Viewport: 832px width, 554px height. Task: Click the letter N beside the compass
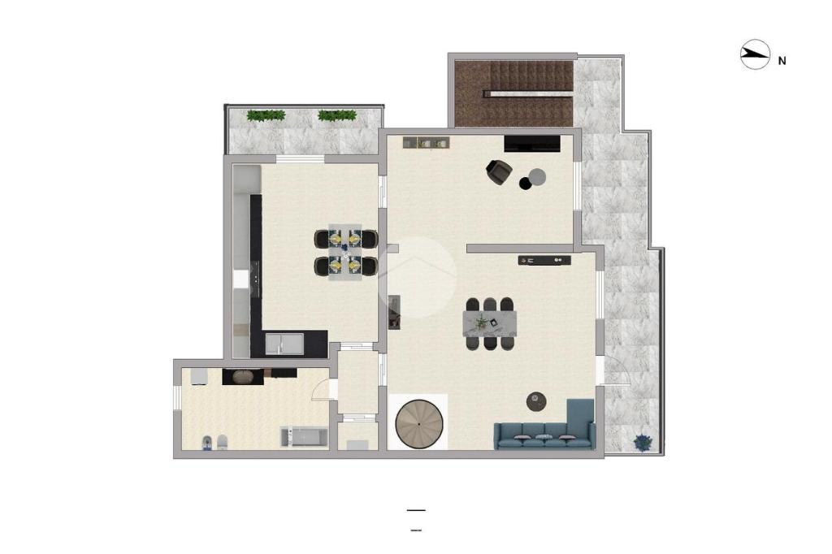pos(782,61)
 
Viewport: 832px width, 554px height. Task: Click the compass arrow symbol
pos(755,54)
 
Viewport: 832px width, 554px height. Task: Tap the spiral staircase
pos(419,425)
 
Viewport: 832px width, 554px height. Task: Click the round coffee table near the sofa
pos(536,401)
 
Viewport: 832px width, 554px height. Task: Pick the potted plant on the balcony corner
pos(643,442)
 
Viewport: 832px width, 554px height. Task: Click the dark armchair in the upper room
pos(499,172)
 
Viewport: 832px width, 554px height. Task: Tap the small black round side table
pos(526,183)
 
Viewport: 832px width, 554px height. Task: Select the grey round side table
pos(538,177)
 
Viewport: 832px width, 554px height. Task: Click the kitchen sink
pos(284,344)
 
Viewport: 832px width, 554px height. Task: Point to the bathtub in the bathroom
pos(304,437)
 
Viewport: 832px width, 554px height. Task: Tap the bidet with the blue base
pos(207,443)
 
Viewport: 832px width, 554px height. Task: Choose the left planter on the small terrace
pos(266,115)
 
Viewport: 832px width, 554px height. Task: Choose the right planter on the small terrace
pos(337,115)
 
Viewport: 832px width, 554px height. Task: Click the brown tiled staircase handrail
pos(528,94)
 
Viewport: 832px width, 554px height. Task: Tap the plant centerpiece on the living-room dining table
pos(482,321)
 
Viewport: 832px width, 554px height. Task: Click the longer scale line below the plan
pos(416,510)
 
